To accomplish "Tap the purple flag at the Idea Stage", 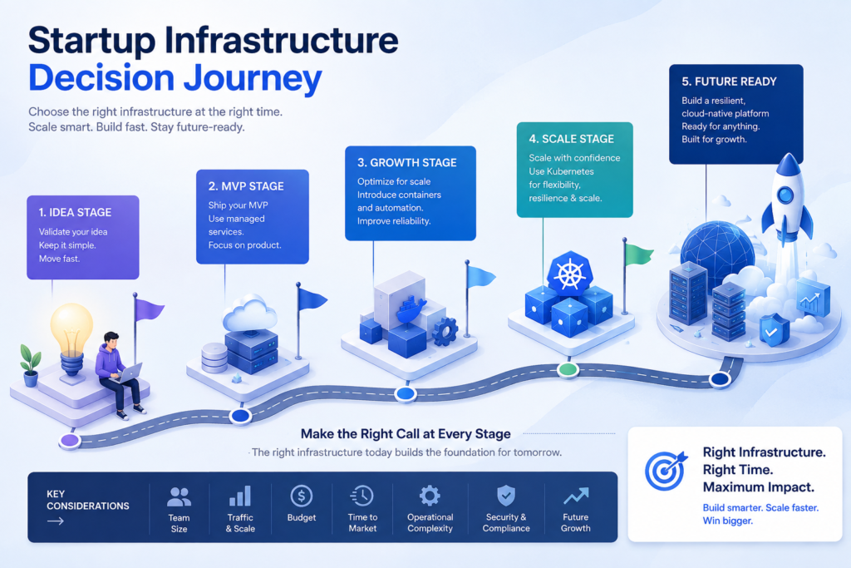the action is [x=149, y=309].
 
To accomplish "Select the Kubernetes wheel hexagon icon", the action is [x=569, y=274].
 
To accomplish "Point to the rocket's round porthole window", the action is [x=785, y=195].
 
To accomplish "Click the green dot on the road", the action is [x=568, y=370].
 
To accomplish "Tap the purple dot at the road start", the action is [x=70, y=440].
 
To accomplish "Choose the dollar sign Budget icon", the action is [x=301, y=496].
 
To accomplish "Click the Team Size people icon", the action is [x=179, y=496].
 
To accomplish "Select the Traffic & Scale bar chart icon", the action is [x=240, y=496].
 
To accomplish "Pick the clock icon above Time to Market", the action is [x=362, y=496].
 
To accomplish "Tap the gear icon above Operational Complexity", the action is [x=430, y=496].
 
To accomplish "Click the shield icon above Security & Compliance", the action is [x=506, y=496].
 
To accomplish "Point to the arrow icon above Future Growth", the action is [x=575, y=496].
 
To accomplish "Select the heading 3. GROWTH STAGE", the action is [x=407, y=162].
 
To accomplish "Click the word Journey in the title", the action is [x=253, y=79].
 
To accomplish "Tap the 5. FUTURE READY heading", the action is [x=729, y=81].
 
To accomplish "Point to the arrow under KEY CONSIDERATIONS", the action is [x=56, y=521].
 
